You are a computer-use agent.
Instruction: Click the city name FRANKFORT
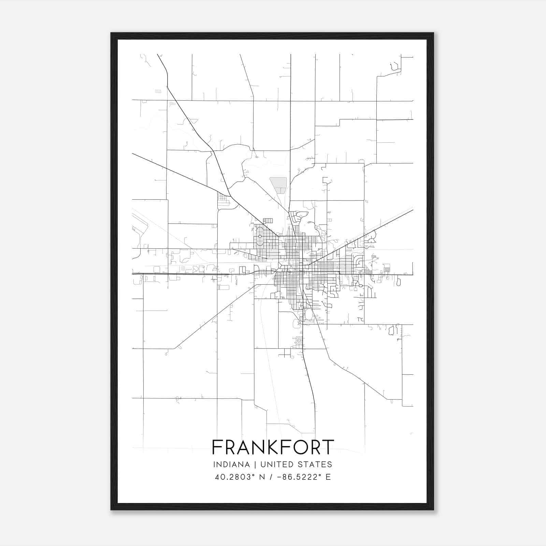pos(273,447)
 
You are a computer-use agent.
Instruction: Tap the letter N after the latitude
pos(262,477)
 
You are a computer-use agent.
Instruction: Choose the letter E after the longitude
pos(328,477)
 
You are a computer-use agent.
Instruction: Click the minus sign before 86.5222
pos(280,477)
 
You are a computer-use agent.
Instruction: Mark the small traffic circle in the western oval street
pos(260,236)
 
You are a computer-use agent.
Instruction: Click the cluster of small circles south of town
pos(299,341)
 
